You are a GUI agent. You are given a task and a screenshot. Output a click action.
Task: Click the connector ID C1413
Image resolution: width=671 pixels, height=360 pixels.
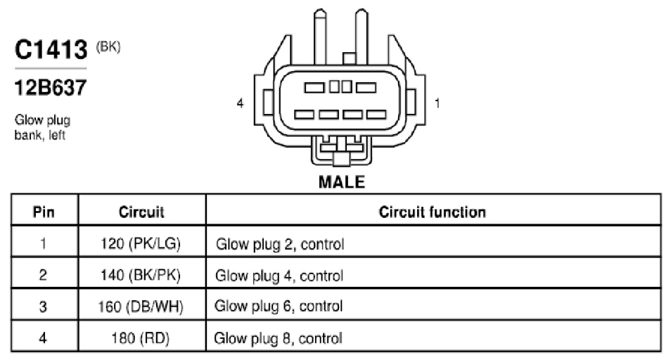(51, 49)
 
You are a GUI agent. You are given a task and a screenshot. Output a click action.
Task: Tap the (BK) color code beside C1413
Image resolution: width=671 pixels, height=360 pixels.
(108, 46)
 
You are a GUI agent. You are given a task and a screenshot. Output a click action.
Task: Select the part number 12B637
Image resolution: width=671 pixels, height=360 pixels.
(51, 88)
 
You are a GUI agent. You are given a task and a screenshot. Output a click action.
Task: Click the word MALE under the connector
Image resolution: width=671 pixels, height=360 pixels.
(342, 182)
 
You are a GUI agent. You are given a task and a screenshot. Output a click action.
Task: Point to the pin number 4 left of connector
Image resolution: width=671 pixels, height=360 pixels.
(240, 103)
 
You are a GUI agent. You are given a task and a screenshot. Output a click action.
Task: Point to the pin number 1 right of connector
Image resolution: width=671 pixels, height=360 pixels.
(437, 103)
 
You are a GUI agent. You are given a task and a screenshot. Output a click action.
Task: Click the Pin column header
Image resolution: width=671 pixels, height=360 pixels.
(44, 212)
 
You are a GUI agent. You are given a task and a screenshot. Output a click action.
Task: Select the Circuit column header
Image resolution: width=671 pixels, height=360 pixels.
(141, 212)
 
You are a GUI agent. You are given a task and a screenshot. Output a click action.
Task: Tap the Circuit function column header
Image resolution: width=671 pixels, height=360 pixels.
(433, 212)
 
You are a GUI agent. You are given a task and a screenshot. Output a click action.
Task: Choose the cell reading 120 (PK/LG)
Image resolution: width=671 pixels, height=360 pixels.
(141, 244)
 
